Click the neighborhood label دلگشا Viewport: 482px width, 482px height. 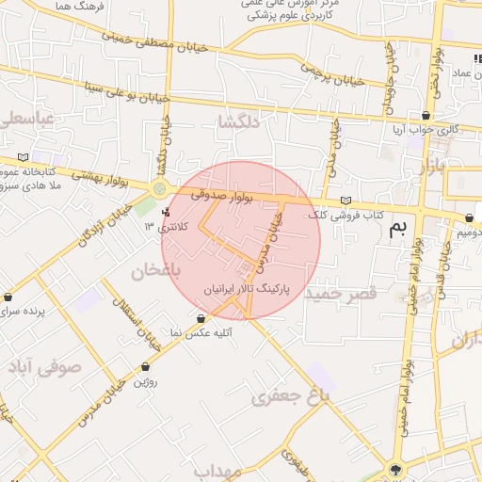pos(236,122)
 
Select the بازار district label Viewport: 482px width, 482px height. pos(429,169)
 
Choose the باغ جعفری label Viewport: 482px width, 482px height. pos(291,396)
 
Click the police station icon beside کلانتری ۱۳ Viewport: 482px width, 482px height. pos(168,213)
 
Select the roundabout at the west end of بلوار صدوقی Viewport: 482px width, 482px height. pos(158,189)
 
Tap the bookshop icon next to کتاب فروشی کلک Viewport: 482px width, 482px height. pos(347,201)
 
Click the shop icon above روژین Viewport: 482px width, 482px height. pos(145,366)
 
